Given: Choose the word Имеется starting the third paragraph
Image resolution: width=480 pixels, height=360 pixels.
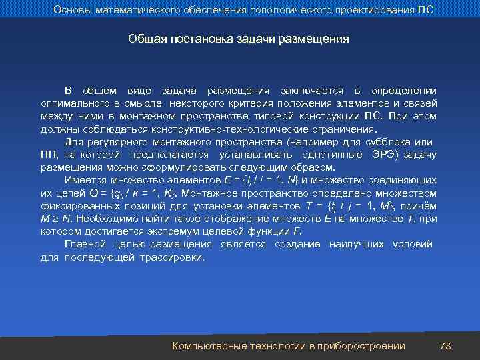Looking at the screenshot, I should pyautogui.click(x=84, y=180).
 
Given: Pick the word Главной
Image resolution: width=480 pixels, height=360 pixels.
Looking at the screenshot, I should pyautogui.click(x=83, y=244).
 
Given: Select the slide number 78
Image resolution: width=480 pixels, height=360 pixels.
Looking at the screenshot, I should pyautogui.click(x=446, y=345).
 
